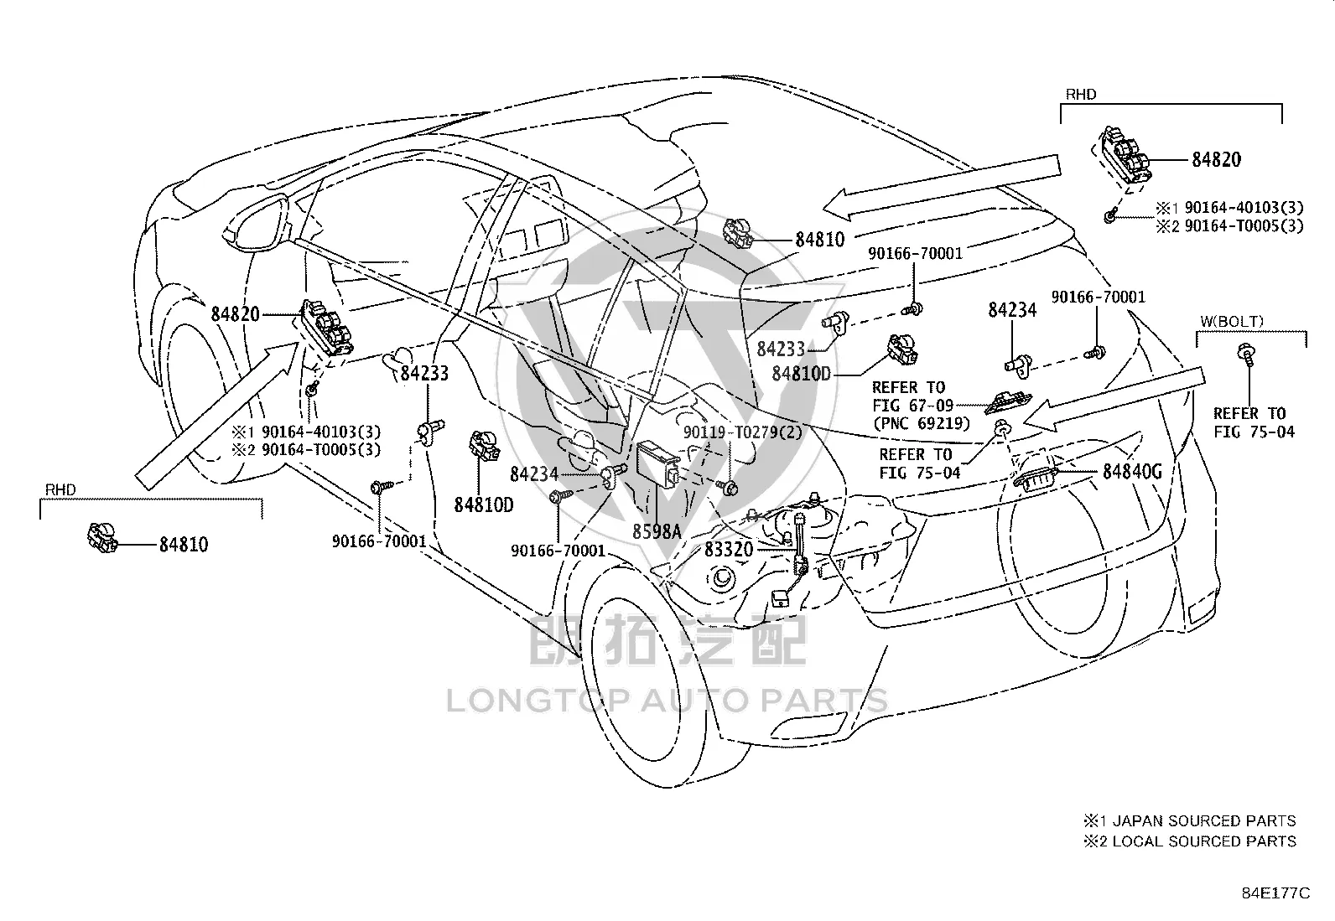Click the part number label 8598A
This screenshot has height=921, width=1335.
[x=656, y=531]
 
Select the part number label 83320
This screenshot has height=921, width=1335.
[x=728, y=549]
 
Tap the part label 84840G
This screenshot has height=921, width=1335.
[x=1132, y=472]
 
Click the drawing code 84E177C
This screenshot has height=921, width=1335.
[x=1276, y=893]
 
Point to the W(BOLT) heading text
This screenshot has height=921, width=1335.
[x=1231, y=322]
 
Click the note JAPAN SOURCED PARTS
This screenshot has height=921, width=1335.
[x=1204, y=821]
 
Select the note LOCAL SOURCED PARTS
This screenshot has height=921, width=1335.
[x=1204, y=841]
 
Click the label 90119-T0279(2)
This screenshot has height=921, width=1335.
[x=743, y=432]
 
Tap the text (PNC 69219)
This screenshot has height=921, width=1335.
[x=922, y=423]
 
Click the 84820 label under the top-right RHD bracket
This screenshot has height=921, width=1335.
[x=1217, y=160]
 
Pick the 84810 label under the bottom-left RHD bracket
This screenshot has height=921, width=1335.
[x=184, y=545]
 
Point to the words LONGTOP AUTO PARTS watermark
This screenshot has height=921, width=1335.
[x=667, y=701]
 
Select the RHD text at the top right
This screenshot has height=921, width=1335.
[x=1081, y=94]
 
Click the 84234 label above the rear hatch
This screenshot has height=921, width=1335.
[x=1012, y=310]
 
